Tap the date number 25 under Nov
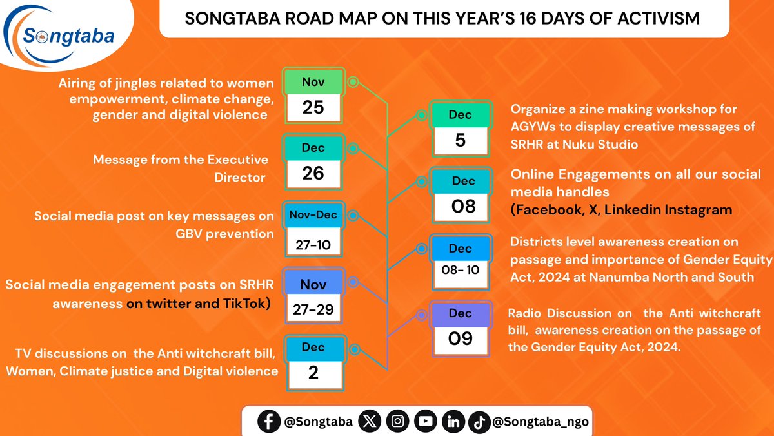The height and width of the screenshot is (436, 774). click(313, 107)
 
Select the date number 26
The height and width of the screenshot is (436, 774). click(313, 172)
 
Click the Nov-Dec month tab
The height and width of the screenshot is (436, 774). click(313, 215)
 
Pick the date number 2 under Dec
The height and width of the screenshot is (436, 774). click(313, 372)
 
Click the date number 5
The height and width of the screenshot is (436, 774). click(460, 140)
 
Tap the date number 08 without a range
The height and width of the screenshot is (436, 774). click(463, 206)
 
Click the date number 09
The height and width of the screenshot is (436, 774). click(460, 337)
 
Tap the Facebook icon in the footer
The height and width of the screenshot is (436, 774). click(268, 422)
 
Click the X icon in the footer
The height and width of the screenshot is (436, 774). click(370, 422)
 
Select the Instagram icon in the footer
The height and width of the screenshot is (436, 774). click(399, 422)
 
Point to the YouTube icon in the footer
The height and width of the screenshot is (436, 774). click(426, 422)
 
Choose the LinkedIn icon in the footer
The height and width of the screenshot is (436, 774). click(453, 422)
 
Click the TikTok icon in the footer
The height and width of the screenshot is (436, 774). click(479, 422)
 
